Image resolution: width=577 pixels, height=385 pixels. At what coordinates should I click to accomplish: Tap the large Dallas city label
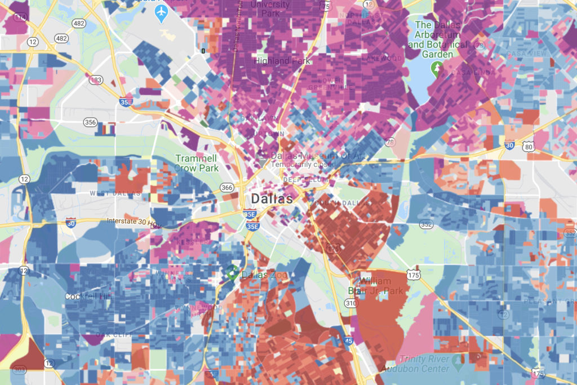(272, 199)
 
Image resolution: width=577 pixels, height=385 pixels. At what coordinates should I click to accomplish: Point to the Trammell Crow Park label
(196, 163)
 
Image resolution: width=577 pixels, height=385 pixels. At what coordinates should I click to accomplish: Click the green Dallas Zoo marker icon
(231, 272)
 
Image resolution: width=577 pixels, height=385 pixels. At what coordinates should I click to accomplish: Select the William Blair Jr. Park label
(382, 285)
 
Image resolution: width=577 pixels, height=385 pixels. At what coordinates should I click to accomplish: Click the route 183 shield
(96, 80)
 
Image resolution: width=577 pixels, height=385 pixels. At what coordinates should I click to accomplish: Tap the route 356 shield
(90, 122)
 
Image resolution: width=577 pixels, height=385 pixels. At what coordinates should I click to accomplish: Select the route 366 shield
(227, 188)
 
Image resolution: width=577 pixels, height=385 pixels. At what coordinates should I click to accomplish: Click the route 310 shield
(351, 303)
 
